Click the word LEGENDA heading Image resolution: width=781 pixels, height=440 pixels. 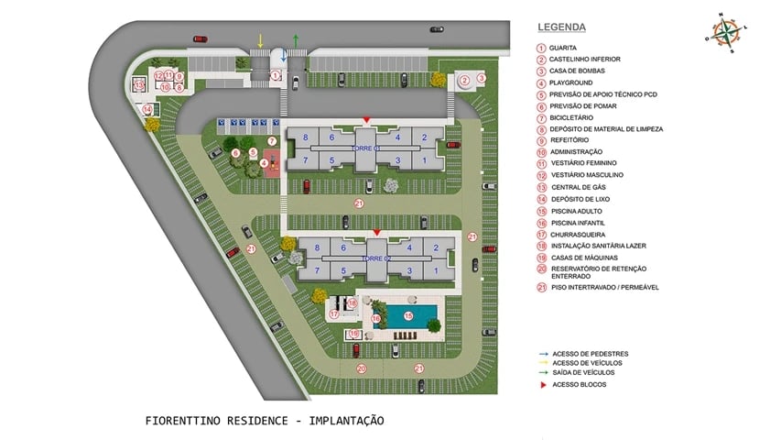561,27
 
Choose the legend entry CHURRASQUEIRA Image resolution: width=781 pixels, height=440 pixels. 577,235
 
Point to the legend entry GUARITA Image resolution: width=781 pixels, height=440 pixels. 563,48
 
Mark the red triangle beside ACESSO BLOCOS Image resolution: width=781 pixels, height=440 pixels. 542,384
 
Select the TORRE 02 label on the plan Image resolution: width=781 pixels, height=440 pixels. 375,258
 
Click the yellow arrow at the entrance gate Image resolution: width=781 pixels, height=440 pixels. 261,40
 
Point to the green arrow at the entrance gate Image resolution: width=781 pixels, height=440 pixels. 296,40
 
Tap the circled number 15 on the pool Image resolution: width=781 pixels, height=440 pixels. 408,315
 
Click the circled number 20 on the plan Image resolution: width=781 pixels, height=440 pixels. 361,368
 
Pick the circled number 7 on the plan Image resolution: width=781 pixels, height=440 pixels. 272,140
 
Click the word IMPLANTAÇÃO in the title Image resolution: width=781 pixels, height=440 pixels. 347,421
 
